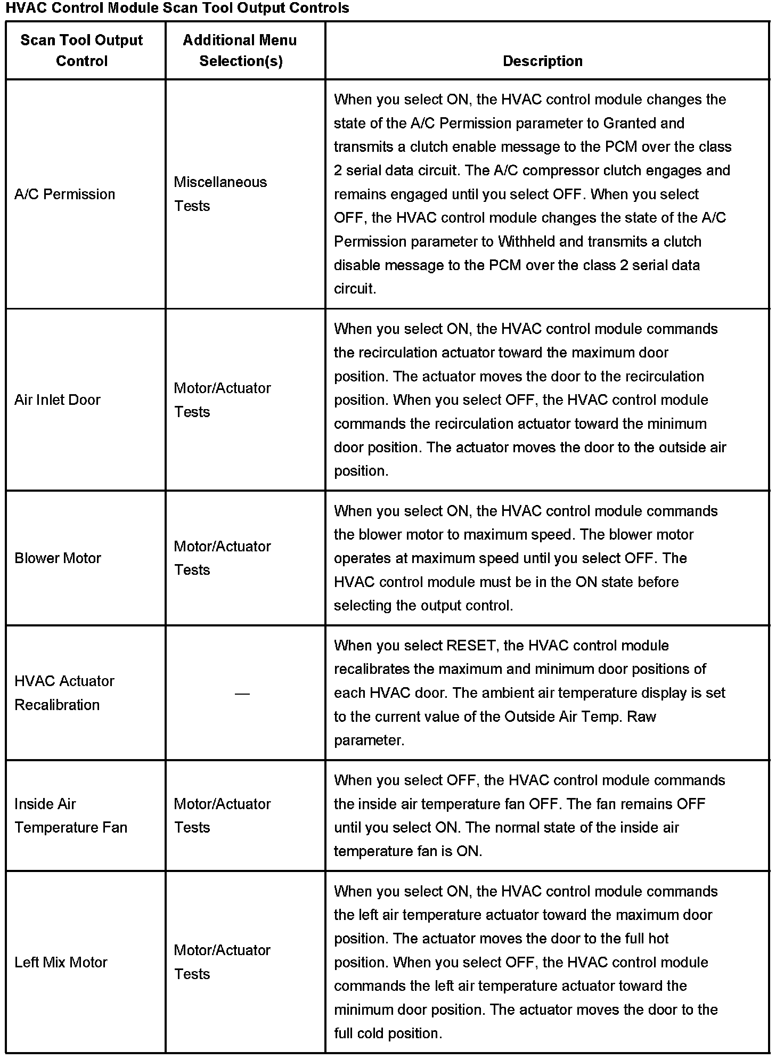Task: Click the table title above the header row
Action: coord(177,8)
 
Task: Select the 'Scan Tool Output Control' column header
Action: coord(81,51)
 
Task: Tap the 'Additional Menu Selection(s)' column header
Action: coord(240,51)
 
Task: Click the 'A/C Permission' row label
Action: coord(64,194)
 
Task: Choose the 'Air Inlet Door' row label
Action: coord(57,400)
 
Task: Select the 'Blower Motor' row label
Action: coord(58,558)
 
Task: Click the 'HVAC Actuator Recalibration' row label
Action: coord(64,693)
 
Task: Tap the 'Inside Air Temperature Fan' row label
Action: coord(70,816)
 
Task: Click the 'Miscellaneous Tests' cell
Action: coord(220,194)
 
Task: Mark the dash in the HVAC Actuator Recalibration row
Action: coord(242,694)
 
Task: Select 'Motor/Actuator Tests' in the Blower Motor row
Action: coord(222,558)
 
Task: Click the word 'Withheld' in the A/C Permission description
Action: coord(527,241)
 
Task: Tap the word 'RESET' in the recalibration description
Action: coord(471,646)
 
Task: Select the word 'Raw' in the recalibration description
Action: coord(641,716)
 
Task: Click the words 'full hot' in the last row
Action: coord(647,939)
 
